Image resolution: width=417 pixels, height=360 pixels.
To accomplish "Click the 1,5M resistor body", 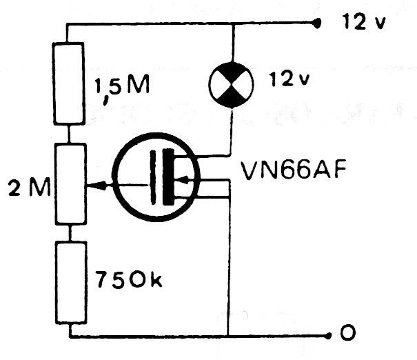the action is pos(69,83).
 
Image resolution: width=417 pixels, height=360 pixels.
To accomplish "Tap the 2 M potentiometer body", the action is pos(71,184).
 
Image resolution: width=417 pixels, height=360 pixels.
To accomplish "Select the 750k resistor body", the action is pos(71,282).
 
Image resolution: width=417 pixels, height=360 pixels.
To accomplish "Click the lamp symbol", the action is pos(231,85).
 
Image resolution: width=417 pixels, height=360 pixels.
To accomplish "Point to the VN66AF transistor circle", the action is pos(156,177).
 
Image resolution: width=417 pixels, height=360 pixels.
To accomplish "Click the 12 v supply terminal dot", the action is pos(316,23).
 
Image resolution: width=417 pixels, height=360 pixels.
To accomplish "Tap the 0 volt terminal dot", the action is pos(329,336).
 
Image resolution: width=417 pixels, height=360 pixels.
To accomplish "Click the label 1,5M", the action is pos(122,88).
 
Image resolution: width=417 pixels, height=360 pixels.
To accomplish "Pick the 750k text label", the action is pos(129,279).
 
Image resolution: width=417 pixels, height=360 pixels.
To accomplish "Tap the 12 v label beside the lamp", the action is pos(289,79).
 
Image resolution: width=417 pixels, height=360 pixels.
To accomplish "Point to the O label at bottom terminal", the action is pos(348,332).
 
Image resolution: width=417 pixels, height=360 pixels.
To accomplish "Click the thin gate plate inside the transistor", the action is pos(153,177).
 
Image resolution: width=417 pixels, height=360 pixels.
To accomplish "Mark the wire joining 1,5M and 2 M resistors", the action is pos(69,134).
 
